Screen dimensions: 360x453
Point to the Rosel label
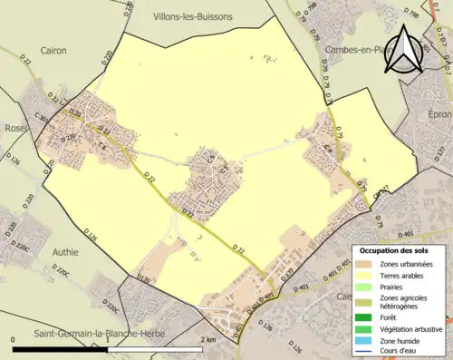click(x=16, y=128)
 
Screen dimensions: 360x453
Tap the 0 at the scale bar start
click(x=14, y=339)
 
